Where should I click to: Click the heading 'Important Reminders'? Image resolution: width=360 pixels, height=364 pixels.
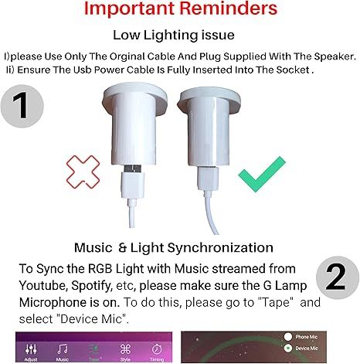click(180, 12)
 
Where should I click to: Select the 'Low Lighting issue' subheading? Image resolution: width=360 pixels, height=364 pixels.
click(179, 36)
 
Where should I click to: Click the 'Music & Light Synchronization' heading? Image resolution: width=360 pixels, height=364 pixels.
click(174, 248)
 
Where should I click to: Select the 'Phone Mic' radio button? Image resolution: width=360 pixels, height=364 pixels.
click(287, 337)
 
